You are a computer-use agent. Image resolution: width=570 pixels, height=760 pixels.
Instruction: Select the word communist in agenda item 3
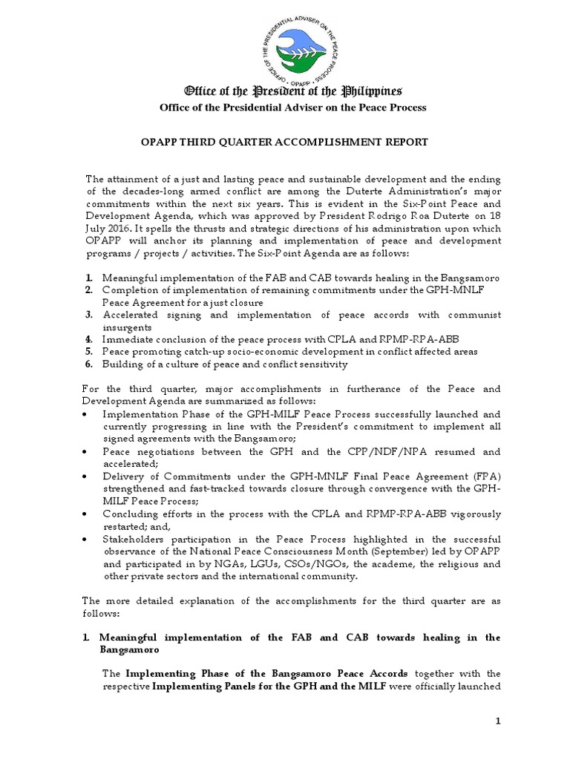click(x=471, y=314)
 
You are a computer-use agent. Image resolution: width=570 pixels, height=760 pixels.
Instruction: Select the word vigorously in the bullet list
click(x=472, y=514)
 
